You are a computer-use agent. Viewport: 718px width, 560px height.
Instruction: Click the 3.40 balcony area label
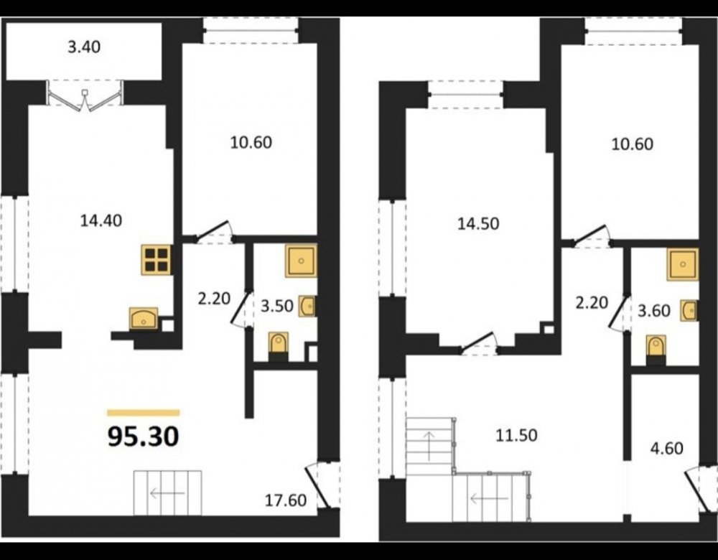(x=84, y=47)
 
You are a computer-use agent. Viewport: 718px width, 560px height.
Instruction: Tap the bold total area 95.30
(x=144, y=437)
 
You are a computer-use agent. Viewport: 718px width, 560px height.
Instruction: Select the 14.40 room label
(x=101, y=221)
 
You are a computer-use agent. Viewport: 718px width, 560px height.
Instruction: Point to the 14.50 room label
(x=478, y=224)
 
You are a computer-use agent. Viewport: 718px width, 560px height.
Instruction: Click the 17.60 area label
(x=286, y=500)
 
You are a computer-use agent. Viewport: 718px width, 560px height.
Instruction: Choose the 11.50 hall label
(x=516, y=435)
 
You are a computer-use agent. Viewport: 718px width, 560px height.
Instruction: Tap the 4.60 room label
(x=667, y=448)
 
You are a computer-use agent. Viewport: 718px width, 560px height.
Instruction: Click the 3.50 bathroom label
(x=276, y=306)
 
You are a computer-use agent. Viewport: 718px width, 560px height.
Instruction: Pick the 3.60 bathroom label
(x=654, y=311)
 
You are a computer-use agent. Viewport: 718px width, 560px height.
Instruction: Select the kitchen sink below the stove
(x=144, y=319)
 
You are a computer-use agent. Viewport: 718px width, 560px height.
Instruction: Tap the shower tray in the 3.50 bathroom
(x=301, y=261)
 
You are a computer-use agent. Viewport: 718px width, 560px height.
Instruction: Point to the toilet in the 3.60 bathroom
(x=656, y=348)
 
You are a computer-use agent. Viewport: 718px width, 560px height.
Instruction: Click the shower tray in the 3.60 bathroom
(x=683, y=264)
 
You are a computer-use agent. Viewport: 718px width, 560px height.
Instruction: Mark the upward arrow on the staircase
(x=429, y=446)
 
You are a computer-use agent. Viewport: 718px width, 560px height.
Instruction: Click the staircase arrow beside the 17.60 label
(x=167, y=494)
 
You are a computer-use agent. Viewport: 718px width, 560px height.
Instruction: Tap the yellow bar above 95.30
(x=144, y=413)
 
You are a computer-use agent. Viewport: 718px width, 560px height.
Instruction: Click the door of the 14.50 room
(x=478, y=345)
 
